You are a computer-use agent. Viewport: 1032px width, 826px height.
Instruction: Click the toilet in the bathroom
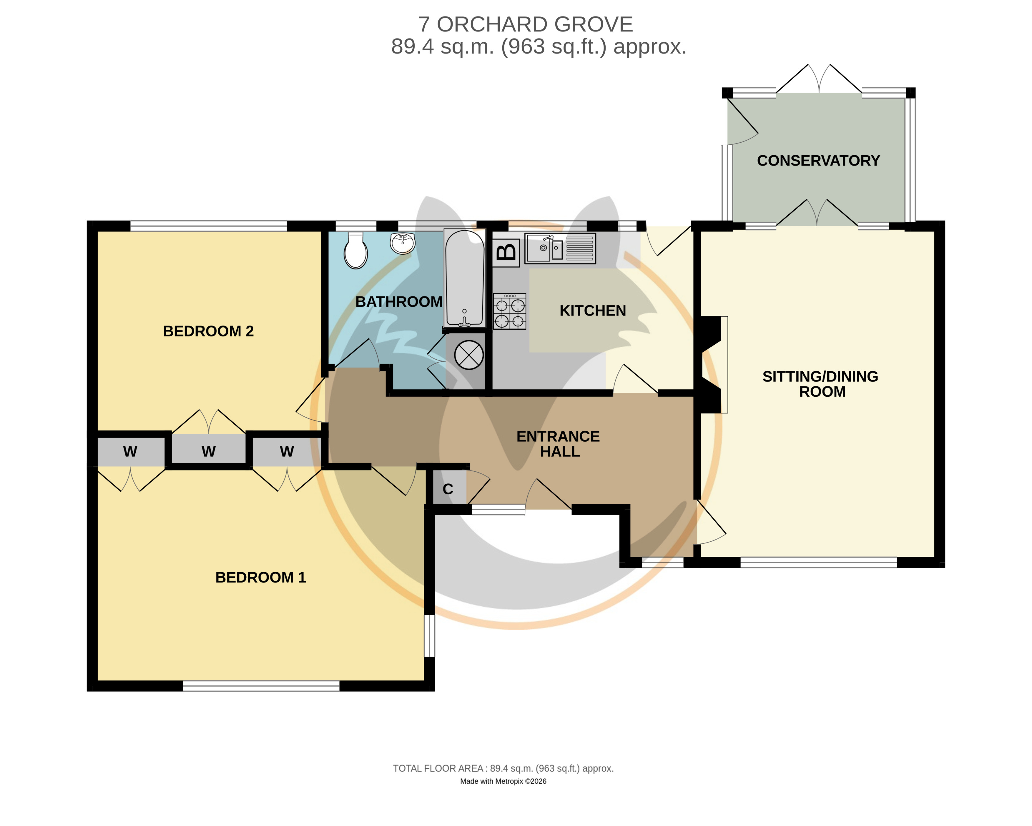[356, 250]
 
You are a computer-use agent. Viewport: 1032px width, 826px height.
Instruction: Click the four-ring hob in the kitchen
[510, 311]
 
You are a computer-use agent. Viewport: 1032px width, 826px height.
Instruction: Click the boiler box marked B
[506, 252]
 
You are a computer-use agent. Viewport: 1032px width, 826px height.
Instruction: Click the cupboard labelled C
[448, 489]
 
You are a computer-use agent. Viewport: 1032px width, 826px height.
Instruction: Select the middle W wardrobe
[208, 450]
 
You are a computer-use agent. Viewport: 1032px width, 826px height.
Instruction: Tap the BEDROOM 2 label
[208, 331]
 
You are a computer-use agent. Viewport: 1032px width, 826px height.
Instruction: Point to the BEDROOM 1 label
[260, 577]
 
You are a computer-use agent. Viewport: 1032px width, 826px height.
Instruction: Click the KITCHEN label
[593, 311]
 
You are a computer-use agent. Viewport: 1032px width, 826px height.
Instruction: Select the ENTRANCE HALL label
[558, 444]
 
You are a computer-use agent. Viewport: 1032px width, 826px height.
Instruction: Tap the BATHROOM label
[399, 302]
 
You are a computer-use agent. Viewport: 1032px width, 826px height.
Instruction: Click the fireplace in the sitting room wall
[711, 364]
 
